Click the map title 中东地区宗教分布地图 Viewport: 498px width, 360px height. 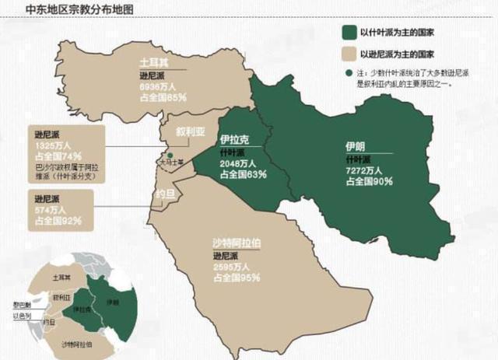[x=68, y=10]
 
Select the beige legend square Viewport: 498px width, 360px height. [x=349, y=55]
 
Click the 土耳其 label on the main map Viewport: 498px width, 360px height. [x=152, y=61]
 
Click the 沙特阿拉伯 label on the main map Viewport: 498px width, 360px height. [x=237, y=243]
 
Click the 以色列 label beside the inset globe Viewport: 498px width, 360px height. [x=21, y=315]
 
